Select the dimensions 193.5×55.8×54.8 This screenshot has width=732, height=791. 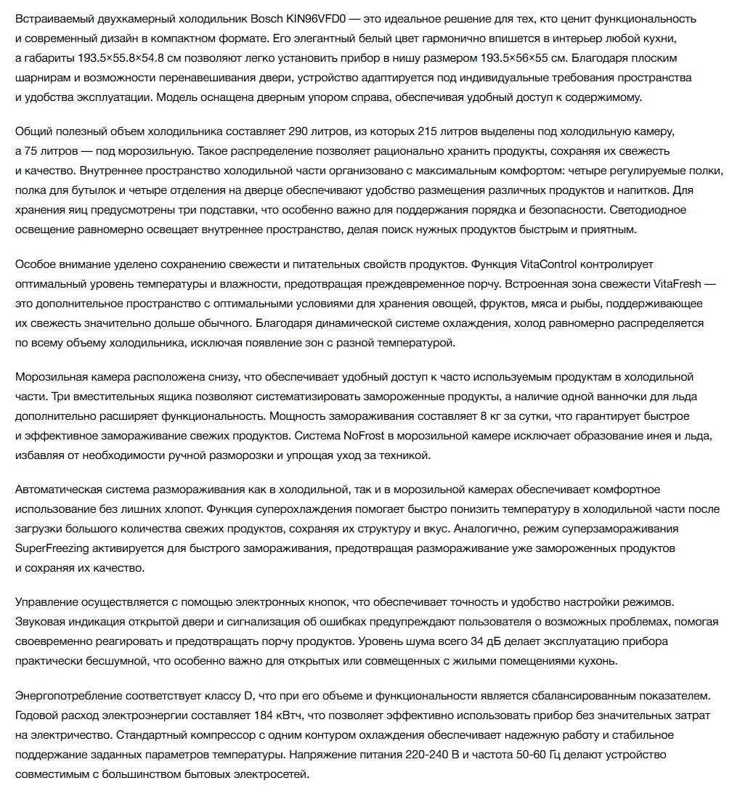[x=126, y=57]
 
